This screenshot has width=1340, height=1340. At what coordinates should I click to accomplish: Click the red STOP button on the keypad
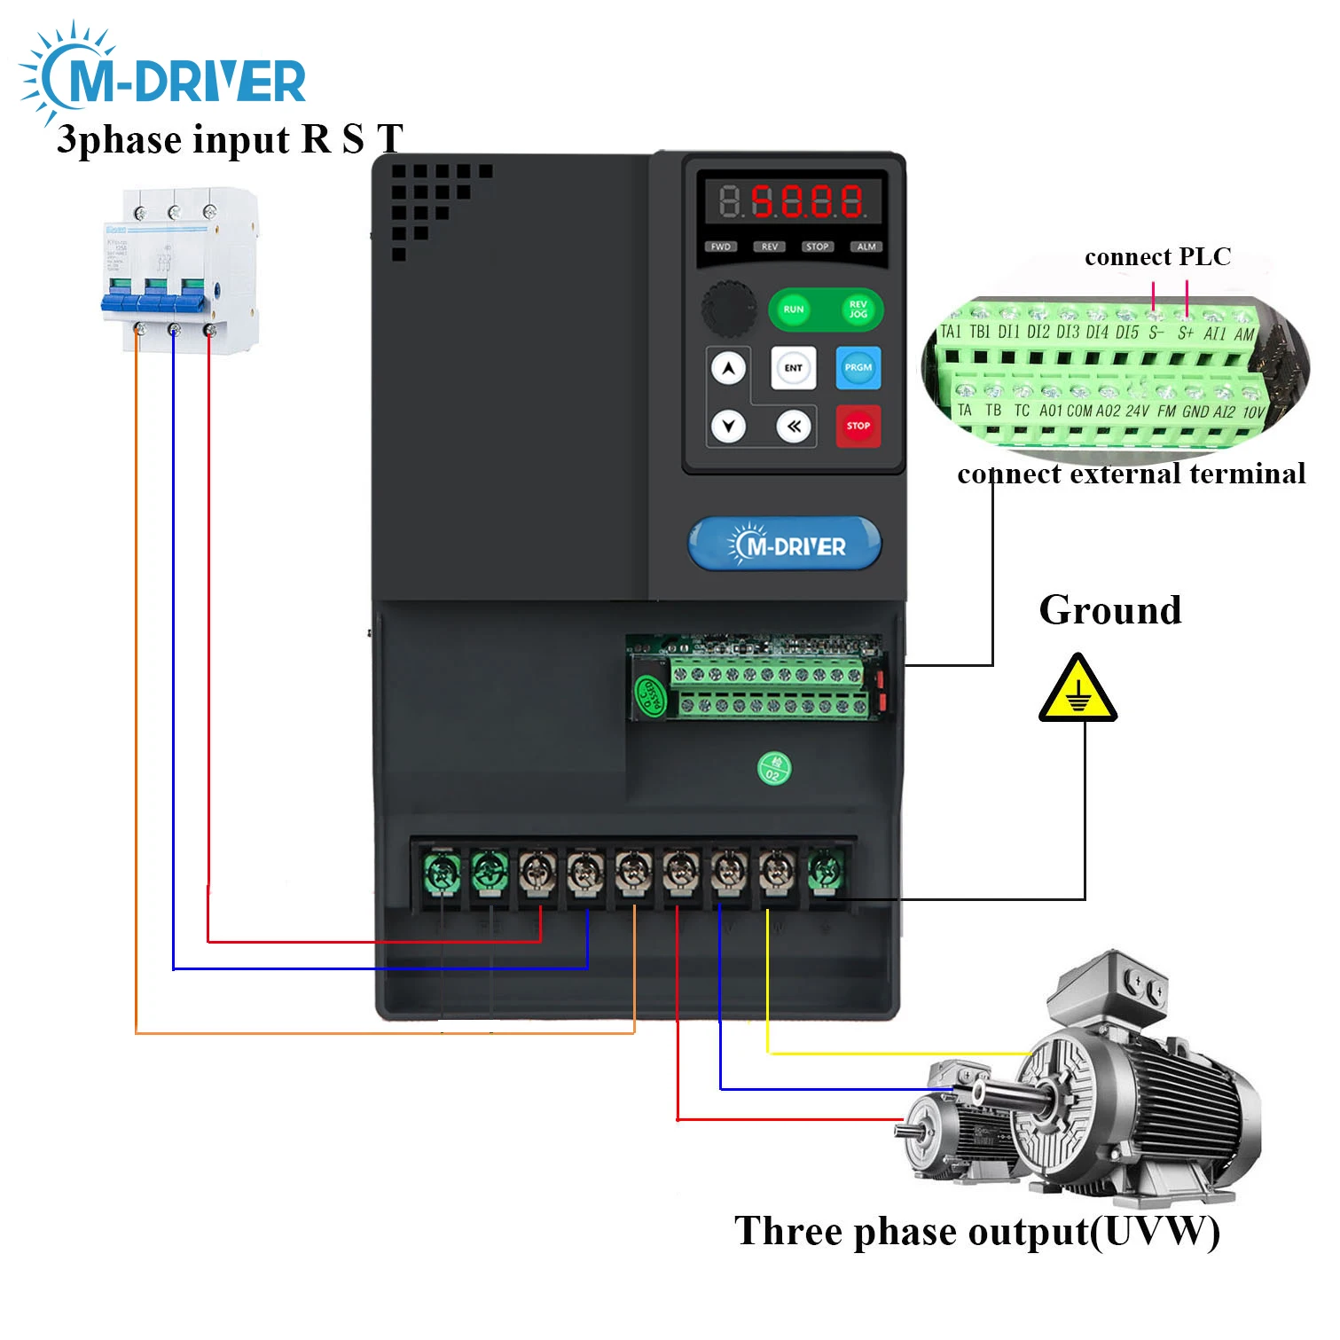coord(858,426)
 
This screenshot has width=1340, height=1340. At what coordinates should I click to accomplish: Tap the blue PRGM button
coord(858,367)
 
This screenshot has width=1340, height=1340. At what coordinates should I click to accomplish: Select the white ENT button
coord(793,367)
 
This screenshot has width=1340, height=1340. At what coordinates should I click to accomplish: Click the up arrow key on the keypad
coord(729,367)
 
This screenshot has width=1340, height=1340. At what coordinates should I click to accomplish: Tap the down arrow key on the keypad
coord(729,427)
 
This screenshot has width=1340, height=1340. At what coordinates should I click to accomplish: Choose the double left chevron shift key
coord(794,427)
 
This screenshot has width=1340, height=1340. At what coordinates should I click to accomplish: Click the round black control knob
coord(729,309)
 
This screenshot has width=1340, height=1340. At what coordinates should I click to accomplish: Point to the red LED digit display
coord(793,201)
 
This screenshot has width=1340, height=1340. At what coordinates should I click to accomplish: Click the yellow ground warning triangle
coord(1077,691)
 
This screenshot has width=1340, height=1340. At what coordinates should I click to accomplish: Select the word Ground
coord(1109,610)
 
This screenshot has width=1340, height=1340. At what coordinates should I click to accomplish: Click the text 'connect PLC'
coord(1157,257)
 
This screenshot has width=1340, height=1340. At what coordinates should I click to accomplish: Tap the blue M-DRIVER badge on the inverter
coord(785,544)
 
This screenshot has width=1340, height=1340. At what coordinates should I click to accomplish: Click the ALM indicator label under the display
coord(866,247)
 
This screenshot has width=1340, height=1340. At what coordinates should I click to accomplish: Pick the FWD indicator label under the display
coord(720,247)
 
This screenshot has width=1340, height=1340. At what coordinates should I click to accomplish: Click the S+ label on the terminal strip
coord(1186,333)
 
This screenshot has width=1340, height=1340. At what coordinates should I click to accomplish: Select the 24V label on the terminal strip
coord(1137,411)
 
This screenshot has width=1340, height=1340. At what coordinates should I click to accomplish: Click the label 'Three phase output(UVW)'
coord(976,1232)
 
